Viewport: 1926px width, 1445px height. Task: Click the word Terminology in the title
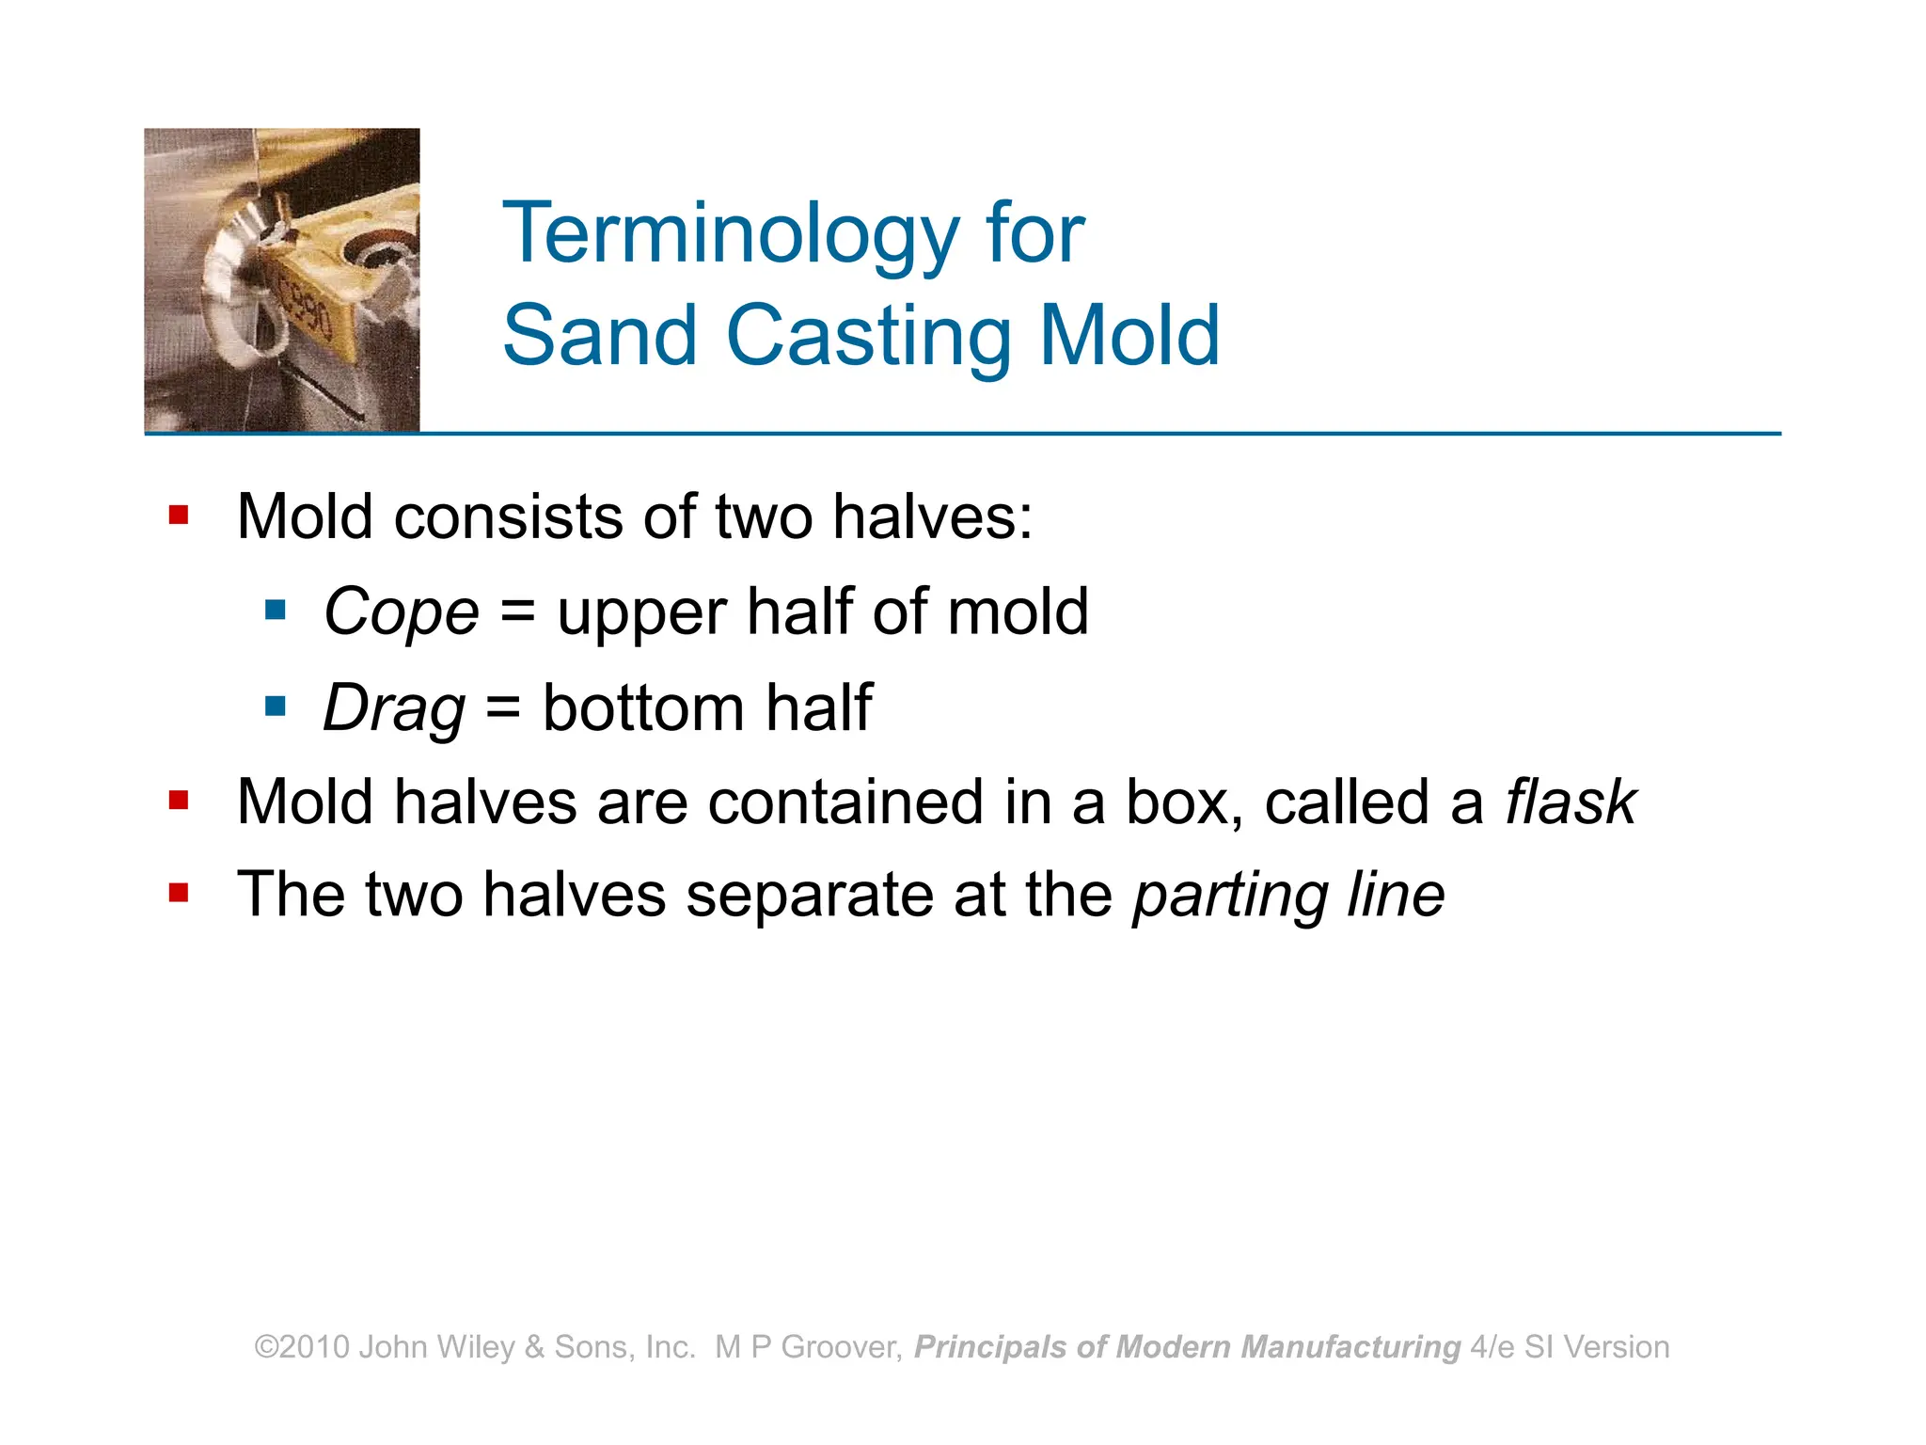pos(731,235)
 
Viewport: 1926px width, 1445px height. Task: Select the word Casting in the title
pos(869,336)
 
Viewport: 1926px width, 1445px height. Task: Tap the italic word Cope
pos(401,612)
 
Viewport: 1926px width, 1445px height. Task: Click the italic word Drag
pos(393,708)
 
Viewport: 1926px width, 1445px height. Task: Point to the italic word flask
pos(1571,802)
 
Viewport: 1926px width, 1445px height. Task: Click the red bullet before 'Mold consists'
pos(179,516)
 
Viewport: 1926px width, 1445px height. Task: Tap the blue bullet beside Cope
pos(275,611)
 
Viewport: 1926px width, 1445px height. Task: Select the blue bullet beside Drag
pos(275,707)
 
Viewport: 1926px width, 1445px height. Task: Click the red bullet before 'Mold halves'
pos(179,801)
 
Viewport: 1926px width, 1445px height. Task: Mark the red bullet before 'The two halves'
pos(179,892)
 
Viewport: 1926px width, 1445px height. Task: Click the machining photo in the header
pos(282,280)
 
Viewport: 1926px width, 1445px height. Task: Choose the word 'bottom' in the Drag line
pos(643,707)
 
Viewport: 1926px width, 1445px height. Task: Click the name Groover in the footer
pos(841,1347)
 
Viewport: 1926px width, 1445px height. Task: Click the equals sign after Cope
pos(517,613)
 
